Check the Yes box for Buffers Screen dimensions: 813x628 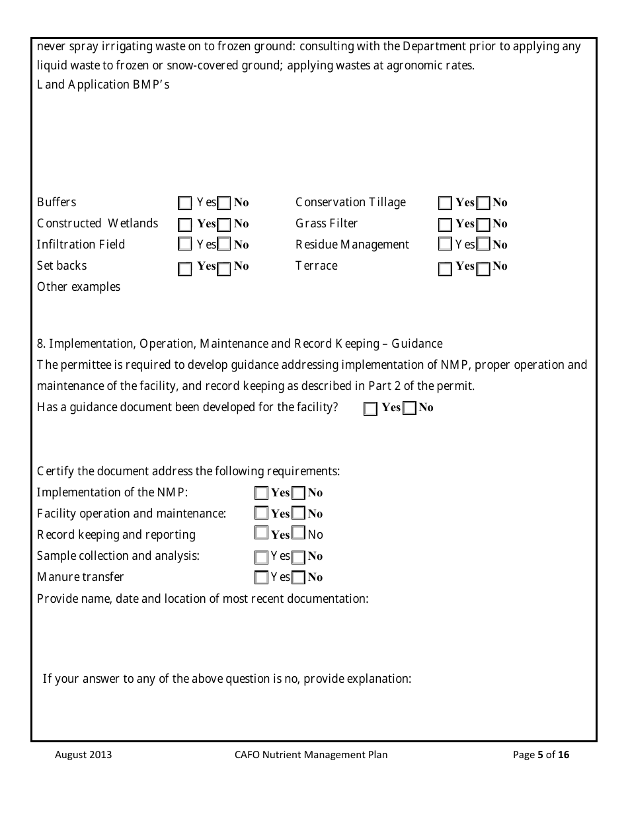[185, 203]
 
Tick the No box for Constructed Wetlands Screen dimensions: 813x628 [225, 225]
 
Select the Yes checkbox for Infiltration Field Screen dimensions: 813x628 [185, 245]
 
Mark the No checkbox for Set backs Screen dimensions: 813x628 [225, 267]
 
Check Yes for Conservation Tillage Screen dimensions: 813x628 [446, 203]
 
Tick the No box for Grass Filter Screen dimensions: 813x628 [483, 225]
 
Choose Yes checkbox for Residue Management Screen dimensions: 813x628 [446, 245]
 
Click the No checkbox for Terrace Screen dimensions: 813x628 [483, 267]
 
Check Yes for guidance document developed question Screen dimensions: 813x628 [370, 408]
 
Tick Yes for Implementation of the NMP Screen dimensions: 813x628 [262, 493]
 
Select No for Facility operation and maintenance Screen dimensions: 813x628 [299, 514]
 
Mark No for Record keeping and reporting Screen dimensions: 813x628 [299, 533]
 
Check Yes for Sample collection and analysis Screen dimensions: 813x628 [262, 557]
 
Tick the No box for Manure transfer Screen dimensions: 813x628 [299, 578]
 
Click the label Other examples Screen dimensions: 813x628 [79, 287]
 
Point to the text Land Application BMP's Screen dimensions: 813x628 [103, 85]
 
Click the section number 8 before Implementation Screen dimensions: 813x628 [40, 344]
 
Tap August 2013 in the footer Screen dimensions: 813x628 [83, 755]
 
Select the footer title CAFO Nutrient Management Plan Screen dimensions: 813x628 [311, 755]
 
